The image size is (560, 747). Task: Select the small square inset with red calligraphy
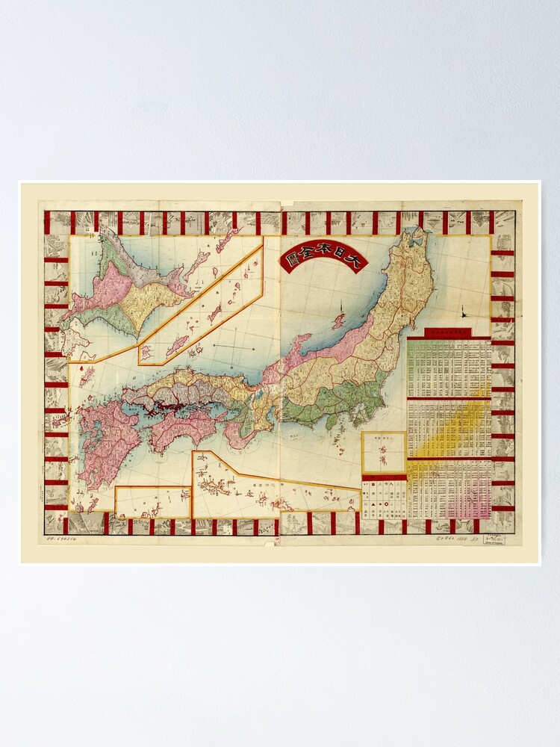pos(384,452)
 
